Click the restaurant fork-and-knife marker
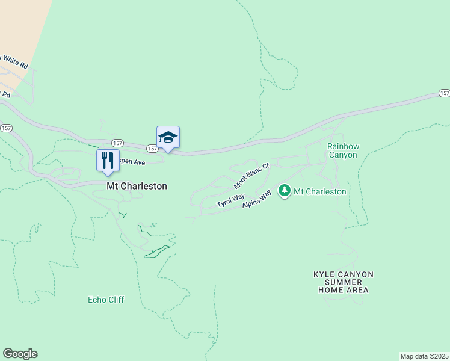point(108,161)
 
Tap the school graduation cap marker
point(168,138)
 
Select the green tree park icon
point(285,191)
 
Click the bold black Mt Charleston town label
point(137,187)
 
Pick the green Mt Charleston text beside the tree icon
point(319,192)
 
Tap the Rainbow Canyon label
point(342,150)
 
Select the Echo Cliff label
point(106,300)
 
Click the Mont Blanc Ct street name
point(251,175)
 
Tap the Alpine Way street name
point(258,200)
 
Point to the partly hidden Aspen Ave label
point(132,162)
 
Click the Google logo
point(20,354)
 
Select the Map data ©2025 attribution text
point(424,356)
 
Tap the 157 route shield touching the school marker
point(152,148)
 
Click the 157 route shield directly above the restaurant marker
point(117,143)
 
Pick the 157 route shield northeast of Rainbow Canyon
point(444,93)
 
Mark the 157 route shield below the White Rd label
point(6,128)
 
